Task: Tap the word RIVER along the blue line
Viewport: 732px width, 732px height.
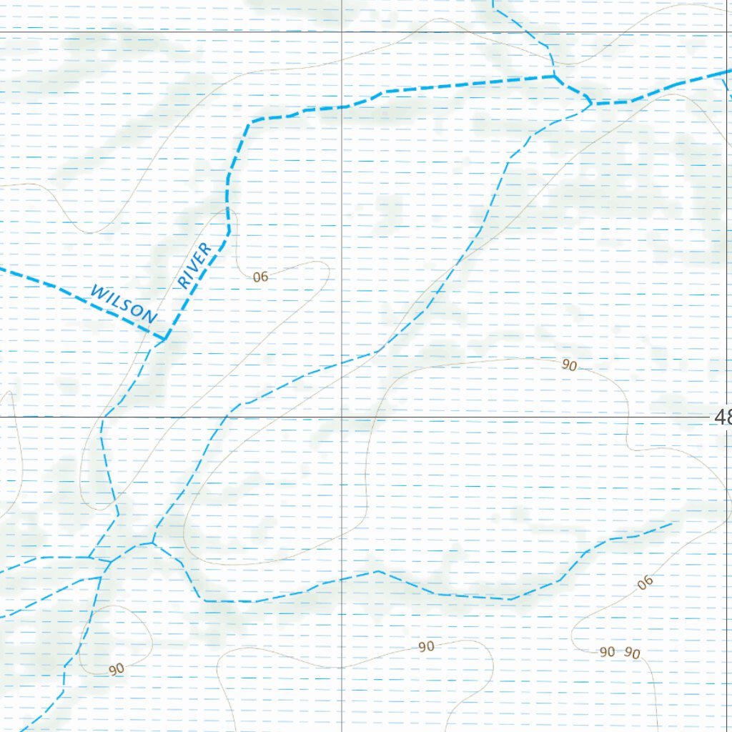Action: coord(194,266)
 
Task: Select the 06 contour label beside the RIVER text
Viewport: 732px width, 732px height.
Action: coord(260,277)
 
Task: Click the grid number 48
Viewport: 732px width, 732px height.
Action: coord(722,417)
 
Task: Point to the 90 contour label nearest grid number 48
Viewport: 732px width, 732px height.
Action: coord(569,365)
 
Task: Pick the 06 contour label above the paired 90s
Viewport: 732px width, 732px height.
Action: coord(646,583)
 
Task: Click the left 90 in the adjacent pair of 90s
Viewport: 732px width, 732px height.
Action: coord(607,651)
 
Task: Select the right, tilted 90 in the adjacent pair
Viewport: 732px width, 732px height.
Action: coord(632,653)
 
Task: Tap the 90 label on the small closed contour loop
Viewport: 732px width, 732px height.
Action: coord(117,669)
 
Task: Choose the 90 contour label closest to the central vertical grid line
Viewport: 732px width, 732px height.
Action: coord(426,646)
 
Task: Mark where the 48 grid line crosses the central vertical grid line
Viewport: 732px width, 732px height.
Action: coord(342,416)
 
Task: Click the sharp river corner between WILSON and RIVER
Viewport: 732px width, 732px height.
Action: coord(164,337)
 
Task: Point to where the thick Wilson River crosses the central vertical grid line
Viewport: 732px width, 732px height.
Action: coord(342,107)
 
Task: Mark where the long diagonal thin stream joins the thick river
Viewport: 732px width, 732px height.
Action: coord(590,104)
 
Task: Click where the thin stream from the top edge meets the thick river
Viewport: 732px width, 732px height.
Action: coord(555,75)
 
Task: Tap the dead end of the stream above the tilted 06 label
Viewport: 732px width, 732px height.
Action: coord(672,523)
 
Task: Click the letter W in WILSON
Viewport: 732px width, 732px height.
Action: coord(98,292)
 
